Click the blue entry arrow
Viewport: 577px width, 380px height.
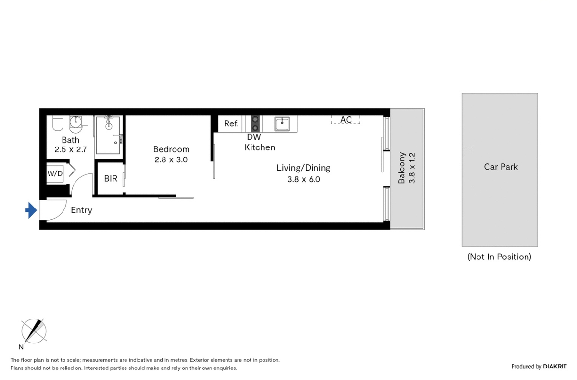click(31, 210)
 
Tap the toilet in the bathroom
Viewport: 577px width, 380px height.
click(58, 123)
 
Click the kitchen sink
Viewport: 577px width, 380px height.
click(282, 123)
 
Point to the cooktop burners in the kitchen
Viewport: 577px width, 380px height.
click(255, 123)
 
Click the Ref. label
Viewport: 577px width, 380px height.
click(231, 124)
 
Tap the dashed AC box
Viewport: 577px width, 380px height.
click(345, 120)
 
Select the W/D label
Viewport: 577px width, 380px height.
click(55, 173)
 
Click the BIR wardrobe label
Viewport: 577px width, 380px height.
click(111, 179)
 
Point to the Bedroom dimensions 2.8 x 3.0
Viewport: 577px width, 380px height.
click(171, 160)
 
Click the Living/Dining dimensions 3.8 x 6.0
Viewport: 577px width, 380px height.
click(304, 179)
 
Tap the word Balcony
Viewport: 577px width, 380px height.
click(401, 168)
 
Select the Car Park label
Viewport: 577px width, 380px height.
click(501, 167)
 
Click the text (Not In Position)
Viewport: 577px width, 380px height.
click(499, 257)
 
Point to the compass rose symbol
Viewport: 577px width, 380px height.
click(34, 331)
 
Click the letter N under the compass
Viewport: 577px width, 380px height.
click(21, 347)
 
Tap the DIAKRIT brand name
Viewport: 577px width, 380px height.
click(555, 367)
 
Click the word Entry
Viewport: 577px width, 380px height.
click(81, 210)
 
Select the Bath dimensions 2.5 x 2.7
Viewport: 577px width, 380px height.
click(71, 149)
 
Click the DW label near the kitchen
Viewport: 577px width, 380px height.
click(254, 137)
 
